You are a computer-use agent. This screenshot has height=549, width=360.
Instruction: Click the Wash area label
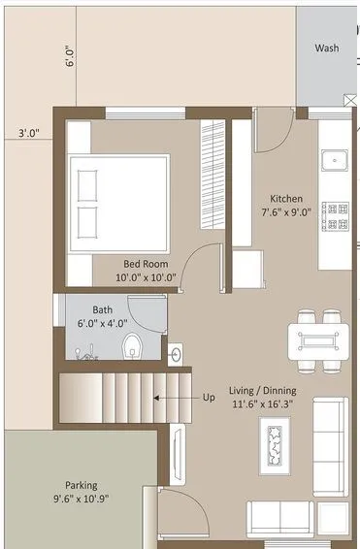click(327, 48)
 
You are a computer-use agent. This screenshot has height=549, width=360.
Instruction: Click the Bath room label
click(102, 310)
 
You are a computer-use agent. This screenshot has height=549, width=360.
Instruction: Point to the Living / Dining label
click(261, 391)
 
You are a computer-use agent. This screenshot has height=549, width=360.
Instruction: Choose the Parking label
click(81, 485)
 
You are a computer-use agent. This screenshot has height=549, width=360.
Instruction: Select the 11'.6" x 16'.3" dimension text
click(261, 405)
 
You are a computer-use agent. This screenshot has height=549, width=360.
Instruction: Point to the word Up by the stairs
click(209, 397)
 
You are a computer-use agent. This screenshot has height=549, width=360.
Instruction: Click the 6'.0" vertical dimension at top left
click(70, 59)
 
